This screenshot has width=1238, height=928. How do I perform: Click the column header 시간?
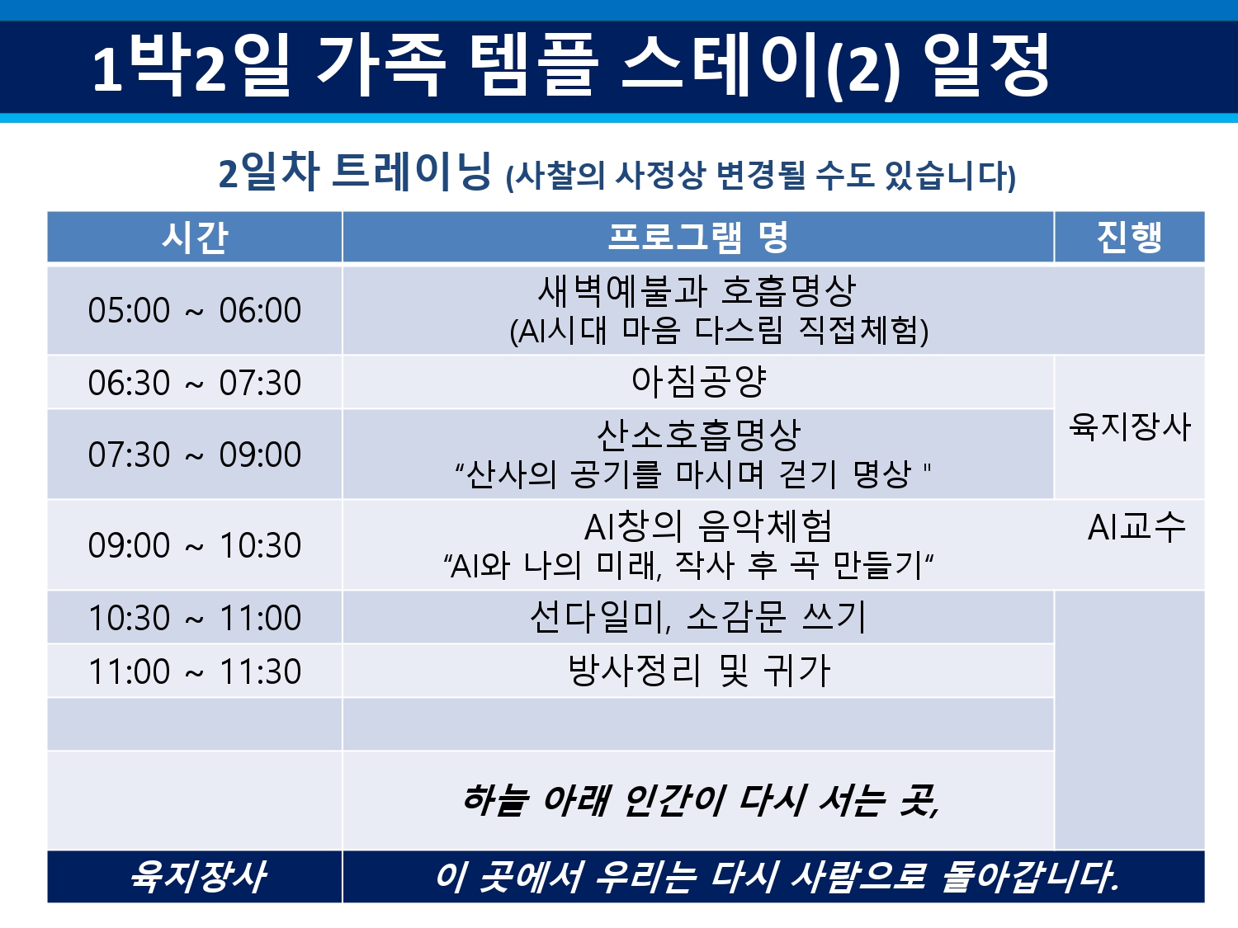tap(195, 238)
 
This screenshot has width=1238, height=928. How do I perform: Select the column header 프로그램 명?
tap(697, 238)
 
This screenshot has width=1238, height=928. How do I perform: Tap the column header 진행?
tap(1129, 238)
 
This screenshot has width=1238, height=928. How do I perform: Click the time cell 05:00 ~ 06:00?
tap(195, 310)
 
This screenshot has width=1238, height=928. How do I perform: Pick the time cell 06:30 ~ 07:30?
tap(195, 383)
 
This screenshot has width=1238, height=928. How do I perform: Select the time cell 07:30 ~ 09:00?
tap(195, 455)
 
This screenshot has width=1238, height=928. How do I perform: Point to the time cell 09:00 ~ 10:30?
tap(195, 545)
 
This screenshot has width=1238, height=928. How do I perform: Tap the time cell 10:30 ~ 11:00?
tap(195, 618)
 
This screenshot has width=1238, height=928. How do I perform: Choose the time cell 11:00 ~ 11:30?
tap(195, 671)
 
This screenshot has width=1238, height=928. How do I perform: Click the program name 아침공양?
tap(698, 382)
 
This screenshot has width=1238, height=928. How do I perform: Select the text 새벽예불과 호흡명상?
tap(697, 291)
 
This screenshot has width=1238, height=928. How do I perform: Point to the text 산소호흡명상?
tap(698, 436)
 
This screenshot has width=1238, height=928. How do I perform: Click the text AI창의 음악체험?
tap(708, 527)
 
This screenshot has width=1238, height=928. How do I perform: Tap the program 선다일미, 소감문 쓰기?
tap(697, 618)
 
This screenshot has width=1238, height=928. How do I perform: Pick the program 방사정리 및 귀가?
tap(699, 671)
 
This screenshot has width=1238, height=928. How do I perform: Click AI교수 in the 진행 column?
tap(1136, 527)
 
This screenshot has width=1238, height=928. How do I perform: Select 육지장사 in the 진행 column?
tap(1130, 426)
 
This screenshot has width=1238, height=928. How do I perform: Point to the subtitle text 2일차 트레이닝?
tap(354, 172)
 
